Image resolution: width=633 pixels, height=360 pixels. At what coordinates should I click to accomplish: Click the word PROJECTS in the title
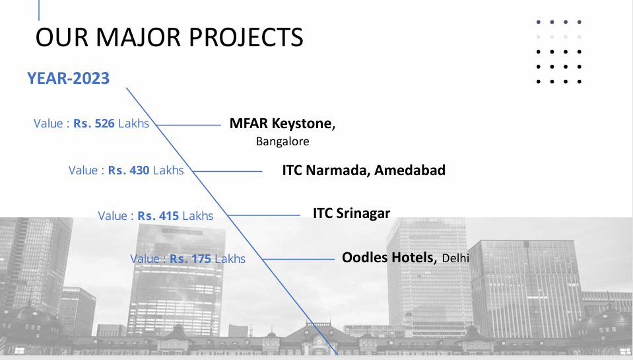coord(246,37)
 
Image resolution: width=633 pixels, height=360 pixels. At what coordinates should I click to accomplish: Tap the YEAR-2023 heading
coord(68,79)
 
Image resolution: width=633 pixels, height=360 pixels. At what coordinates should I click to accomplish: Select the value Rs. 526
coord(94,124)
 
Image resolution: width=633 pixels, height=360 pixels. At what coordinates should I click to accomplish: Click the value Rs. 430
coord(128,170)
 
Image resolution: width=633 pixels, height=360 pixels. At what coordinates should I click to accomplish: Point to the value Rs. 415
coord(158,216)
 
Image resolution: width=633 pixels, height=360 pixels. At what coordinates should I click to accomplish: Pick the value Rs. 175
coord(190,258)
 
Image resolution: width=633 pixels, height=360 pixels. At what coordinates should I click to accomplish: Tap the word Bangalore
coord(283,141)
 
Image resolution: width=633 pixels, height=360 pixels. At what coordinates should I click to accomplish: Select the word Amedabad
coord(410,170)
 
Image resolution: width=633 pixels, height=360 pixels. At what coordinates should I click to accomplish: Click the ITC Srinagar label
coord(352,213)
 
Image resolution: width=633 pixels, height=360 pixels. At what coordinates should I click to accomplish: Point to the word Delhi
coord(455,258)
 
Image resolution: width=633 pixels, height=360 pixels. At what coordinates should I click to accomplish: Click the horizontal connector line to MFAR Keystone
coord(189,126)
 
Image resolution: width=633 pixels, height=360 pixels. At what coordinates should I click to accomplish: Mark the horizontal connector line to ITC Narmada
coord(227,171)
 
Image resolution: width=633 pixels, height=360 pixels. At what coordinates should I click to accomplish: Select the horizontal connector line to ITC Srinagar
coord(263,215)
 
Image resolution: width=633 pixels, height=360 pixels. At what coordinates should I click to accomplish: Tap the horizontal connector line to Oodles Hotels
coord(298,259)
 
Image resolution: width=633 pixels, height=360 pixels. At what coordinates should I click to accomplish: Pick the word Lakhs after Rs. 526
coord(133,124)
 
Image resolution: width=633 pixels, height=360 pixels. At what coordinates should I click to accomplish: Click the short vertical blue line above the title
coord(39,10)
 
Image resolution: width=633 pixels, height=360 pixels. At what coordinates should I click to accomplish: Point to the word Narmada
coord(337,170)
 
